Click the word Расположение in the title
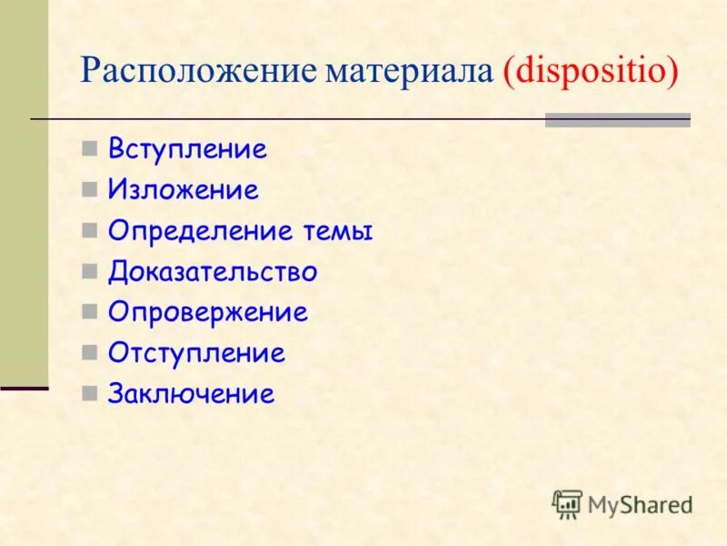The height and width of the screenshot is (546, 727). tap(201, 71)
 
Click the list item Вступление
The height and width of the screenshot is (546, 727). tap(187, 149)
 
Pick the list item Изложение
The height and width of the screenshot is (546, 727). tap(184, 190)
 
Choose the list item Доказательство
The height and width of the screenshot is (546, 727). tap(213, 272)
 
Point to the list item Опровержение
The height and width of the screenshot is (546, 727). tap(208, 313)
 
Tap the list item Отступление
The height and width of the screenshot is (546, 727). tap(196, 353)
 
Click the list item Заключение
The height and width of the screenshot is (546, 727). tap(191, 394)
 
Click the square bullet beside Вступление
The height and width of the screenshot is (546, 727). tap(88, 149)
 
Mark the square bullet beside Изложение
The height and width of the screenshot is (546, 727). tap(88, 190)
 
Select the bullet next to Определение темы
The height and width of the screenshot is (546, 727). tap(88, 231)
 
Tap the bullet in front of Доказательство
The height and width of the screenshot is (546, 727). tap(88, 272)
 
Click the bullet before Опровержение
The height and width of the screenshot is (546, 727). tap(88, 313)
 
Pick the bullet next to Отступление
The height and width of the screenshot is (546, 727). tap(88, 353)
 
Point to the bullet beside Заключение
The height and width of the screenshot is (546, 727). tap(88, 394)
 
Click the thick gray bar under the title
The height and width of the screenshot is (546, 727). tap(617, 119)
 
